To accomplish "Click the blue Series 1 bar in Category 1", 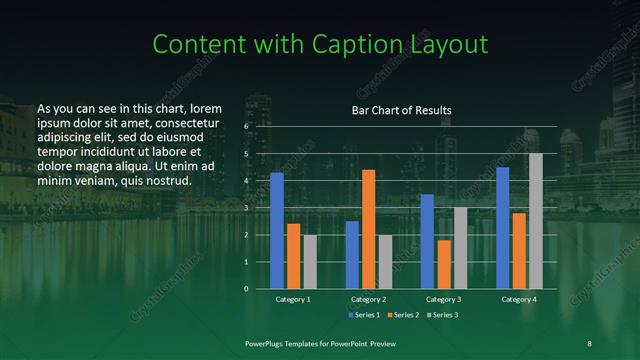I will pos(277,231).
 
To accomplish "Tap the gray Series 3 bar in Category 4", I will pos(536,221).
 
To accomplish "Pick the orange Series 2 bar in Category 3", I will pos(444,264).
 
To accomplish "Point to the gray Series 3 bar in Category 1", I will pos(310,262).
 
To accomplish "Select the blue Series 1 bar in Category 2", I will pos(352,255).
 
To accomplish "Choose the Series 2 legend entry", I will pos(402,315).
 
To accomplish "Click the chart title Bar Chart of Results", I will pos(401,110).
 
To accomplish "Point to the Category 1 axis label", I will pos(293,299).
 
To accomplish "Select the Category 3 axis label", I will pos(444,299).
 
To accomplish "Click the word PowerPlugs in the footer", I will pos(267,343).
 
